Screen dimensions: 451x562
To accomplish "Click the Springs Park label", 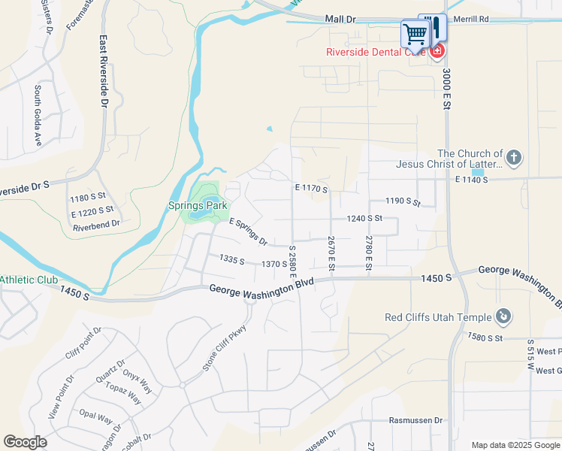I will pos(197,204).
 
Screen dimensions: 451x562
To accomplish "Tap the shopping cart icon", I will pos(415,32).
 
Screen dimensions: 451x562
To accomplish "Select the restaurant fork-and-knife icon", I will pos(435,27).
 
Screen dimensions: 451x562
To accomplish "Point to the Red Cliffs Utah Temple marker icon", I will pos(504,316).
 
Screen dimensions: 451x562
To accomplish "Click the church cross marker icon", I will pos(514,158).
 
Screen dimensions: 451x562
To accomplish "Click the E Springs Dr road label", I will pos(249,232).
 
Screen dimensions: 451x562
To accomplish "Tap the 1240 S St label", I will pos(364,218).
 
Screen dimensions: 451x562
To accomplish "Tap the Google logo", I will pos(25,442).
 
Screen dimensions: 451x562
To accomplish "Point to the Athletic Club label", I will pos(29,280).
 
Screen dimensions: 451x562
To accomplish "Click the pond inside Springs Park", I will pos(201,212).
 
